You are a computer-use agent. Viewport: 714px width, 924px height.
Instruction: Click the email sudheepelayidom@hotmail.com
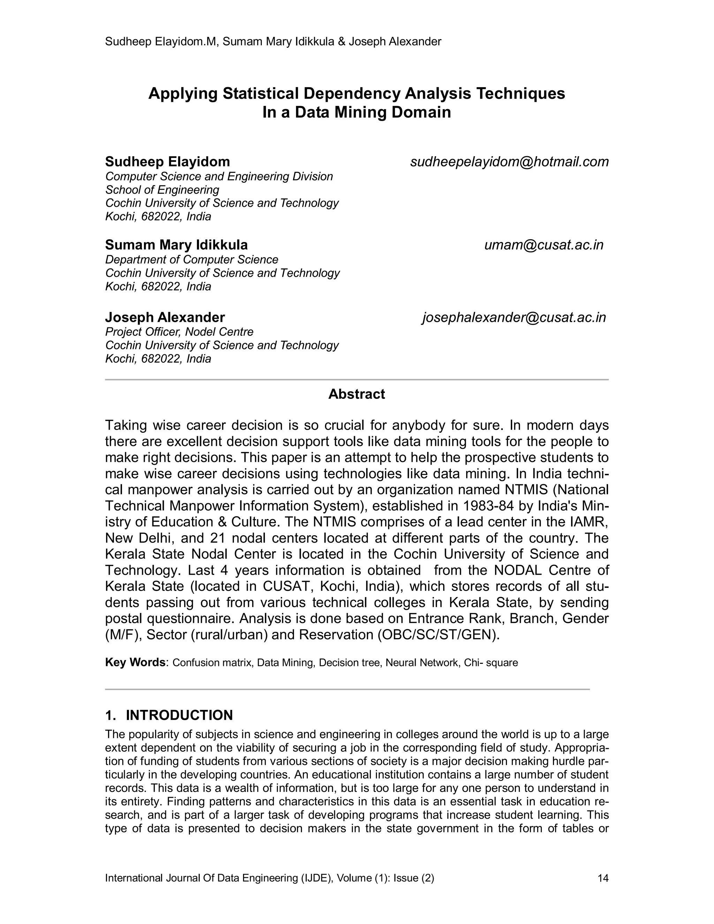coord(509,162)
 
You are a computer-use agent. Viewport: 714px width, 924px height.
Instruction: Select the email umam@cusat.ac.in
coord(544,245)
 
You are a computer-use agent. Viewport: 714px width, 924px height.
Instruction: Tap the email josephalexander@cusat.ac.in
coord(514,317)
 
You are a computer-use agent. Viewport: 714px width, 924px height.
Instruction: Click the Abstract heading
coord(357,394)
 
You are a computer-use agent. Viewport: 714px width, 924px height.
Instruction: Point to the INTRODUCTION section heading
coord(179,715)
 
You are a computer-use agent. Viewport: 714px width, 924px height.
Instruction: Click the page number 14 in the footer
coord(603,878)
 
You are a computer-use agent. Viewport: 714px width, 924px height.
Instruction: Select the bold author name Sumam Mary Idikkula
coord(176,245)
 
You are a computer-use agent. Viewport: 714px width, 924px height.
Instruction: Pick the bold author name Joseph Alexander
coord(165,317)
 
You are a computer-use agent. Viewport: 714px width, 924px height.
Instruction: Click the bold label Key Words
coord(135,662)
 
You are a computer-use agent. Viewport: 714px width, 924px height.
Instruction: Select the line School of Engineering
coord(162,190)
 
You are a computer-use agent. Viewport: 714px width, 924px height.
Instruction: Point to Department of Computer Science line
coord(192,259)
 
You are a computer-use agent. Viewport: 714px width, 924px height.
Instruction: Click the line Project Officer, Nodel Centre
coord(179,332)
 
